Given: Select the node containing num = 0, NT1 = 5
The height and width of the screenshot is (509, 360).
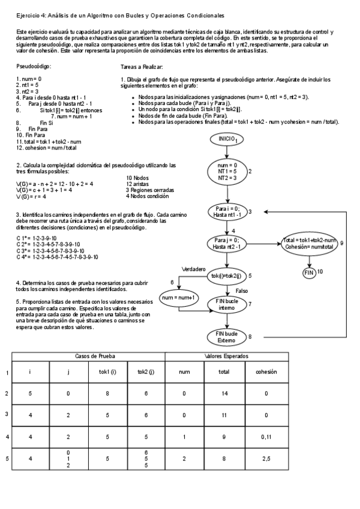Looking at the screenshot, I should point(227,172).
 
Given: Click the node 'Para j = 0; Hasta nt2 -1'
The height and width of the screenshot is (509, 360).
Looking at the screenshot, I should point(227,244).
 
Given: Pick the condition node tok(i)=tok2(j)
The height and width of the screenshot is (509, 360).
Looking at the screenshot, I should point(226,276).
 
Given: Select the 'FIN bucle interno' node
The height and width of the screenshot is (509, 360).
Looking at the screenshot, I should point(227,304).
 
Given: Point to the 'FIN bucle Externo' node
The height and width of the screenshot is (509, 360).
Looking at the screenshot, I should point(227,337).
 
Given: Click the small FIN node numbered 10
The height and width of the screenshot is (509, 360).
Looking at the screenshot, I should point(309,273).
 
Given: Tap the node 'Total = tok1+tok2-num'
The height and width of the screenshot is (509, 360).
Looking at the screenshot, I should point(310,244).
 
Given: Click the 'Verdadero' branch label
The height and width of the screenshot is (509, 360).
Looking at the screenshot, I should point(193,269).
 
